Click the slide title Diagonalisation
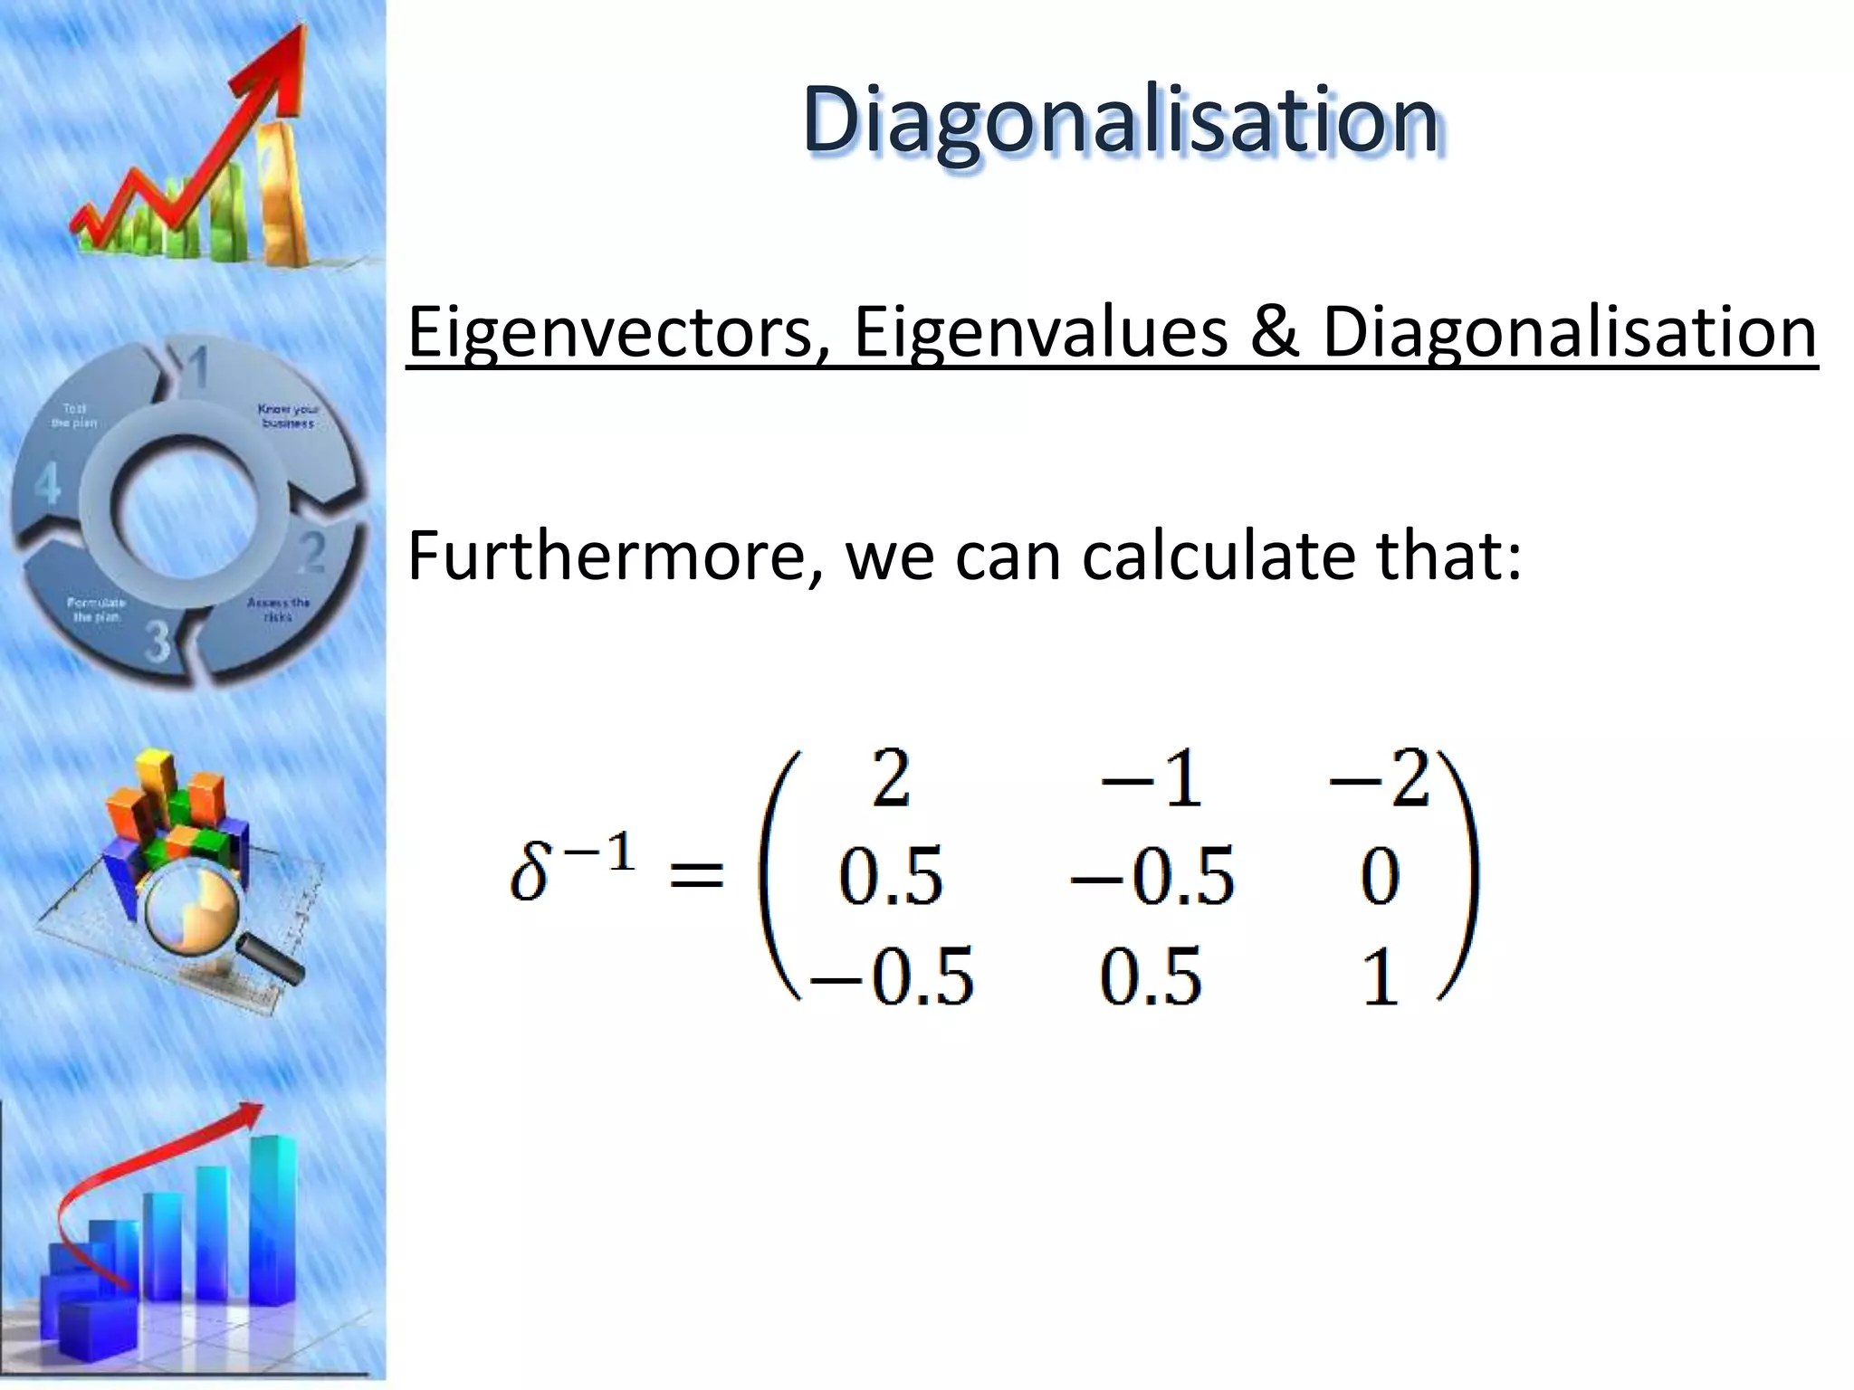point(1120,121)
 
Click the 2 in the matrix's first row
point(891,780)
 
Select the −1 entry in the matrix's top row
point(1152,780)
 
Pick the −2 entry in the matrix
point(1378,780)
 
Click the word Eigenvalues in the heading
point(1040,333)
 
